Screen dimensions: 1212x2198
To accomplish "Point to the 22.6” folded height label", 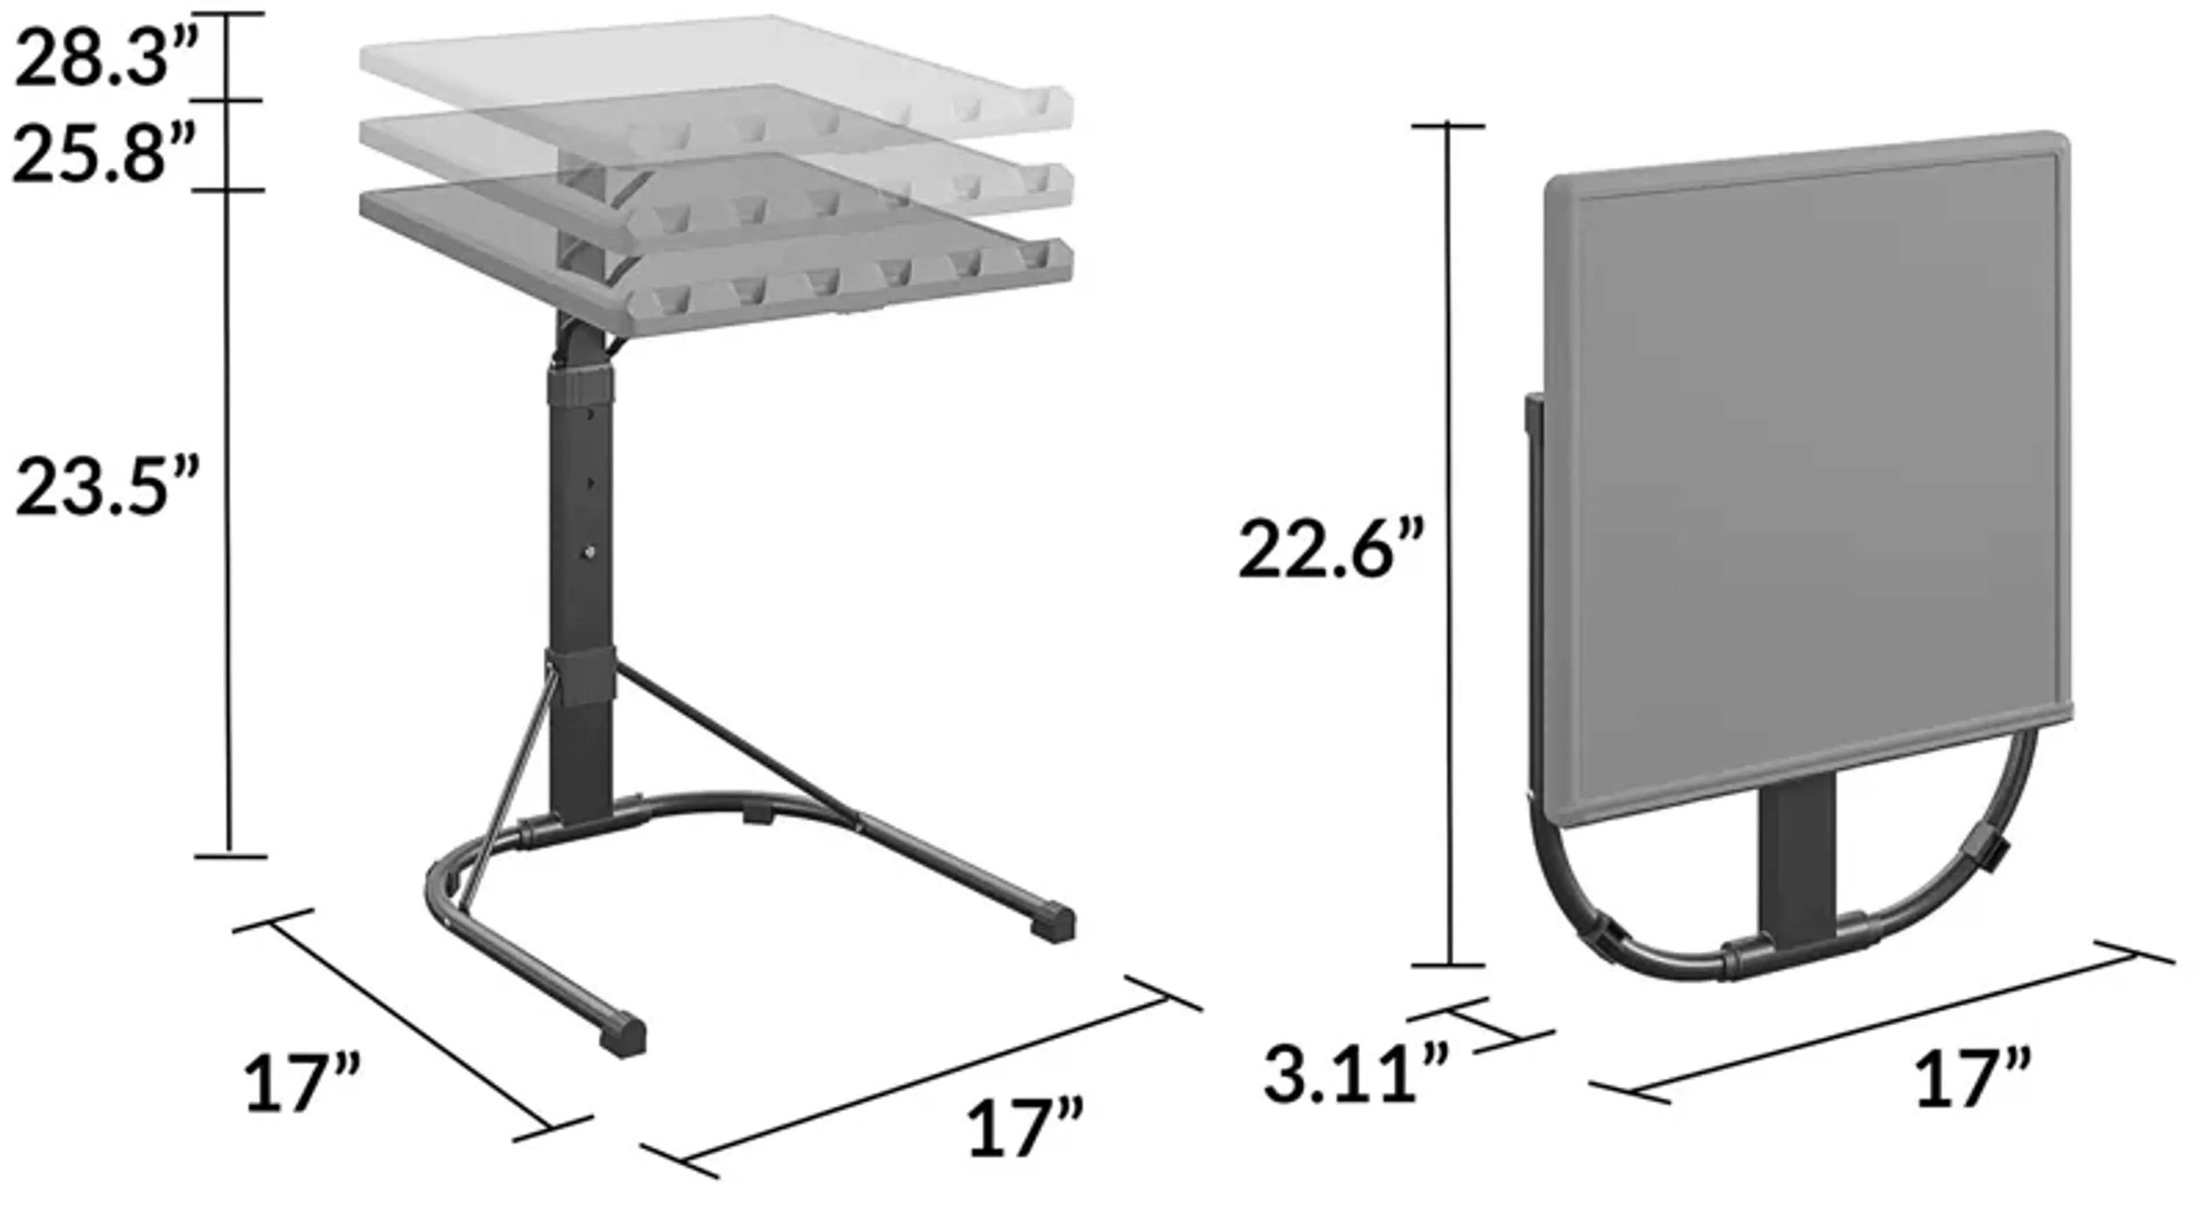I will (x=1331, y=550).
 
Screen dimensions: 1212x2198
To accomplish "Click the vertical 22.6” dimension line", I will (x=1448, y=546).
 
